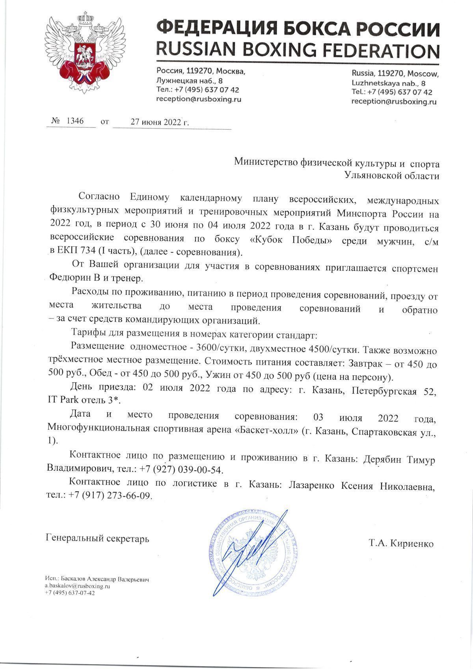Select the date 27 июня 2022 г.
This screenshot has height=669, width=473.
click(x=160, y=122)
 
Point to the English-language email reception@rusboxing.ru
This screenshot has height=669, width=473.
click(x=394, y=102)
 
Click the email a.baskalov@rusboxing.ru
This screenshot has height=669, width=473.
click(x=77, y=586)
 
